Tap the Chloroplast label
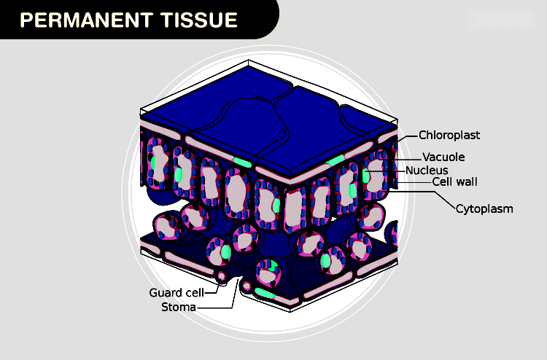[x=449, y=135]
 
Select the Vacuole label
[x=443, y=157]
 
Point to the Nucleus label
[x=427, y=170]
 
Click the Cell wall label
[x=454, y=182]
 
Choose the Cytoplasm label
[x=484, y=209]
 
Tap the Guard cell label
[x=176, y=293]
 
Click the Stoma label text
[x=178, y=307]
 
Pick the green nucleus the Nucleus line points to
[x=366, y=175]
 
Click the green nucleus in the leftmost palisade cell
[x=153, y=160]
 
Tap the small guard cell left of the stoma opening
[x=222, y=277]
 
